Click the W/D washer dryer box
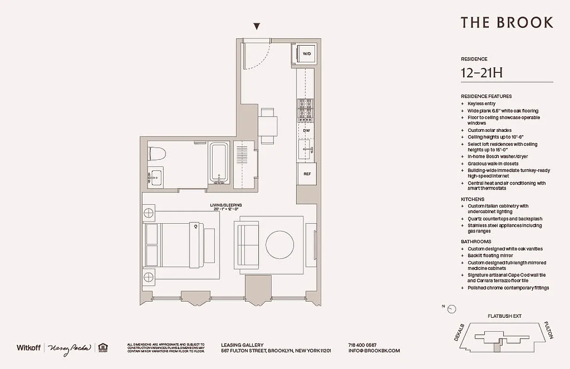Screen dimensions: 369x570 coord(306,54)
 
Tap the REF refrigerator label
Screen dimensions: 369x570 coord(307,174)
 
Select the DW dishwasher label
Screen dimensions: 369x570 coord(306,131)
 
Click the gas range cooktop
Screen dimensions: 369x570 coord(305,110)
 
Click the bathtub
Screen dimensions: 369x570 coord(219,163)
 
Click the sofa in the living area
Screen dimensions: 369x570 coord(247,244)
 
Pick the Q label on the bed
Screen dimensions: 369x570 coord(196,226)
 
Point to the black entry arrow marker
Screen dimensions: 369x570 coord(257,27)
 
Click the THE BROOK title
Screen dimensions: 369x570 coord(506,23)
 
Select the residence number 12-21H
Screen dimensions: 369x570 coord(481,72)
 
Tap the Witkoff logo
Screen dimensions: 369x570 coord(29,347)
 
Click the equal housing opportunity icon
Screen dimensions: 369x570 coord(101,347)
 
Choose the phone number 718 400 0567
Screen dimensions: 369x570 coord(362,345)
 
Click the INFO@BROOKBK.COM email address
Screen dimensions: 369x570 coord(374,351)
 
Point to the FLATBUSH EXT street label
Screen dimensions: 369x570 coord(504,316)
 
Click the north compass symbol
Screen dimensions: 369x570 coord(451,309)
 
